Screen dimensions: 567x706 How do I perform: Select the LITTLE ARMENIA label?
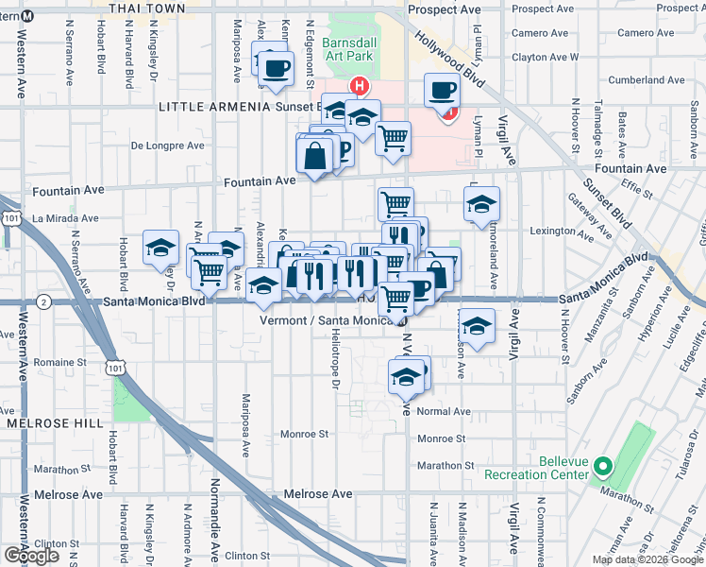(214, 107)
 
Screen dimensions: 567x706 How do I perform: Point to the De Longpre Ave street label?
(167, 146)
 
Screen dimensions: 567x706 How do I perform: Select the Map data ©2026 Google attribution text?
(647, 559)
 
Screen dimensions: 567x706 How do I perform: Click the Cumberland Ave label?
(646, 81)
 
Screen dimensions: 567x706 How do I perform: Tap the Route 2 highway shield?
(43, 301)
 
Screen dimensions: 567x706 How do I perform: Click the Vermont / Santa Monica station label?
(326, 320)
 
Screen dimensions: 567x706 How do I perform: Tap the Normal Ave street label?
(443, 411)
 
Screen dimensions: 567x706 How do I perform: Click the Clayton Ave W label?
(545, 58)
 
